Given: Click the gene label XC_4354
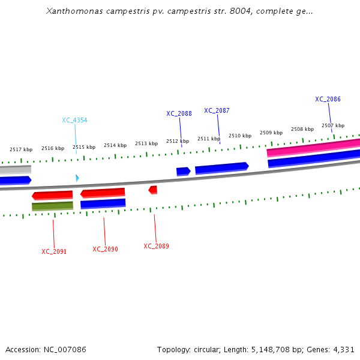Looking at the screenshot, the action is (x=74, y=120).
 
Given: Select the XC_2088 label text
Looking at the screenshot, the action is (x=179, y=113).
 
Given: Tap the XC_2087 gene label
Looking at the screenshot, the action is (x=217, y=110).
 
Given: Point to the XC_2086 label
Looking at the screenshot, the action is (x=328, y=100).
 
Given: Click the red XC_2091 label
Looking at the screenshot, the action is (x=54, y=251).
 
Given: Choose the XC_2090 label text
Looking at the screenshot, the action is (x=105, y=249).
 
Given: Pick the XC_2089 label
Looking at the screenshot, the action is (x=156, y=246).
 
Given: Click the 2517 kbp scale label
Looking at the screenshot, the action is (x=21, y=149).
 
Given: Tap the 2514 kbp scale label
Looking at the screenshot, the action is (x=115, y=145).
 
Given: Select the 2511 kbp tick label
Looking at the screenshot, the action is (x=209, y=139).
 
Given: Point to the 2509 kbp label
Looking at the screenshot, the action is (x=271, y=133).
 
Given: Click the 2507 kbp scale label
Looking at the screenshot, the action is (x=333, y=125).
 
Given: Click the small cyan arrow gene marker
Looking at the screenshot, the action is (x=77, y=178).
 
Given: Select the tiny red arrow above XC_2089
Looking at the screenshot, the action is (x=153, y=190).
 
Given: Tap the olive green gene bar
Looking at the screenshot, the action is (x=52, y=206).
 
